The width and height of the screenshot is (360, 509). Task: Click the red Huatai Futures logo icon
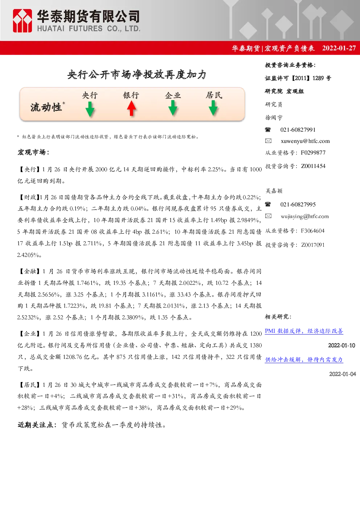point(22,21)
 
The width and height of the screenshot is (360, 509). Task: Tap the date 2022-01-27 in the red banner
point(339,48)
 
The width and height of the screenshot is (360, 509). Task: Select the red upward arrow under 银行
point(131,108)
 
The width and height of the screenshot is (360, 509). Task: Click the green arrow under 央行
point(90,109)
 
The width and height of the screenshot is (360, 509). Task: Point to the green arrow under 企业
point(173,108)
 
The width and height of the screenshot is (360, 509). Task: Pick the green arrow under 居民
point(213,108)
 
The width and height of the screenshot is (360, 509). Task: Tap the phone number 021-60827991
point(298,130)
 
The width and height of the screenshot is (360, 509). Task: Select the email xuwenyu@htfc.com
point(305,141)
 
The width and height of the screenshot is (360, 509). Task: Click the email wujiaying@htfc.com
point(304,216)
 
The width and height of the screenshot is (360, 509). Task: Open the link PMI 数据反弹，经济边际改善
point(304,331)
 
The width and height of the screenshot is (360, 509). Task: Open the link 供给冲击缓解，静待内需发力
point(304,360)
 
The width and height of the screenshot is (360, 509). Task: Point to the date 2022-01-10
point(341,345)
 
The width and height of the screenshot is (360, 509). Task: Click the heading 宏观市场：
point(34,152)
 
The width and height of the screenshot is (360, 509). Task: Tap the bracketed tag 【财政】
point(28,197)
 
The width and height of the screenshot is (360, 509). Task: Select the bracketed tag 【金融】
point(29,271)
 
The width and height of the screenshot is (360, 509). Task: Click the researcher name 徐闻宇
point(274,118)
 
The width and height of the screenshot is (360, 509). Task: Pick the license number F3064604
point(312,231)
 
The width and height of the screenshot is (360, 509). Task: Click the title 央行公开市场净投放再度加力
point(137,74)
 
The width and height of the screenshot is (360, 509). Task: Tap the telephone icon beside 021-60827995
point(268,204)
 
